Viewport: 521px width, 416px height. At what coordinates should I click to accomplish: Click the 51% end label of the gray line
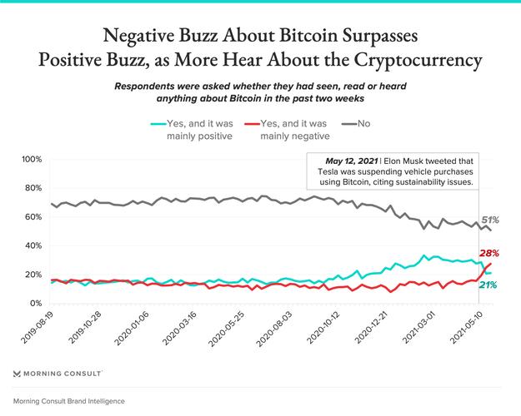(x=490, y=220)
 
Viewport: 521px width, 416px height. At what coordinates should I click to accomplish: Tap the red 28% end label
(x=488, y=253)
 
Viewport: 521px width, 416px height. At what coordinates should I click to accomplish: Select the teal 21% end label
(x=488, y=285)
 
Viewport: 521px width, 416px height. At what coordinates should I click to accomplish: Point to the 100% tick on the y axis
(x=31, y=159)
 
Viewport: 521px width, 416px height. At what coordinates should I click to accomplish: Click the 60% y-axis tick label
(x=33, y=217)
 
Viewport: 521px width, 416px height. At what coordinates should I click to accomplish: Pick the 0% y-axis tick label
(x=36, y=304)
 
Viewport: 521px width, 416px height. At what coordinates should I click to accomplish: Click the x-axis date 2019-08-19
(x=38, y=329)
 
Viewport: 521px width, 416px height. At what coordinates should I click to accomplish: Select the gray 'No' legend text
(x=363, y=123)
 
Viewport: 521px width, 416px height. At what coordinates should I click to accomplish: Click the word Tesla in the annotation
(x=323, y=171)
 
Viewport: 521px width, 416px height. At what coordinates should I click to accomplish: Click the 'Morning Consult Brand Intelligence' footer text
(x=69, y=400)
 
